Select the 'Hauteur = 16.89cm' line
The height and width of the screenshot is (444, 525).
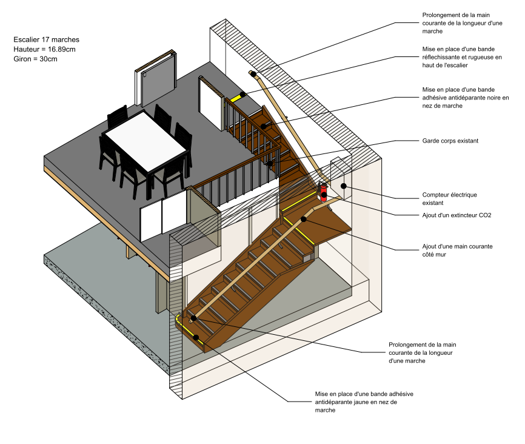click(x=44, y=49)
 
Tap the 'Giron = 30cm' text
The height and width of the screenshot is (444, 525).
click(x=35, y=59)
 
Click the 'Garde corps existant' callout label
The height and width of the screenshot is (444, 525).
click(x=450, y=141)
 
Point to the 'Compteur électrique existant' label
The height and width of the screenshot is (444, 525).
click(x=449, y=198)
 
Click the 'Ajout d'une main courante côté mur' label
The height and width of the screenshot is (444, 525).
click(x=456, y=251)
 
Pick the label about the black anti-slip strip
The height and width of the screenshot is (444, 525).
click(x=465, y=97)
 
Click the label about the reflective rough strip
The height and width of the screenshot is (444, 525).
click(x=462, y=57)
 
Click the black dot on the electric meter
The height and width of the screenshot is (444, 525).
click(x=343, y=186)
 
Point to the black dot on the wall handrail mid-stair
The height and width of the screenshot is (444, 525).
click(x=304, y=220)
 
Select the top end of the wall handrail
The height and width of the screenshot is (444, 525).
click(x=253, y=73)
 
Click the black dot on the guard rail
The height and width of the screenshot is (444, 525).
click(x=270, y=163)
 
